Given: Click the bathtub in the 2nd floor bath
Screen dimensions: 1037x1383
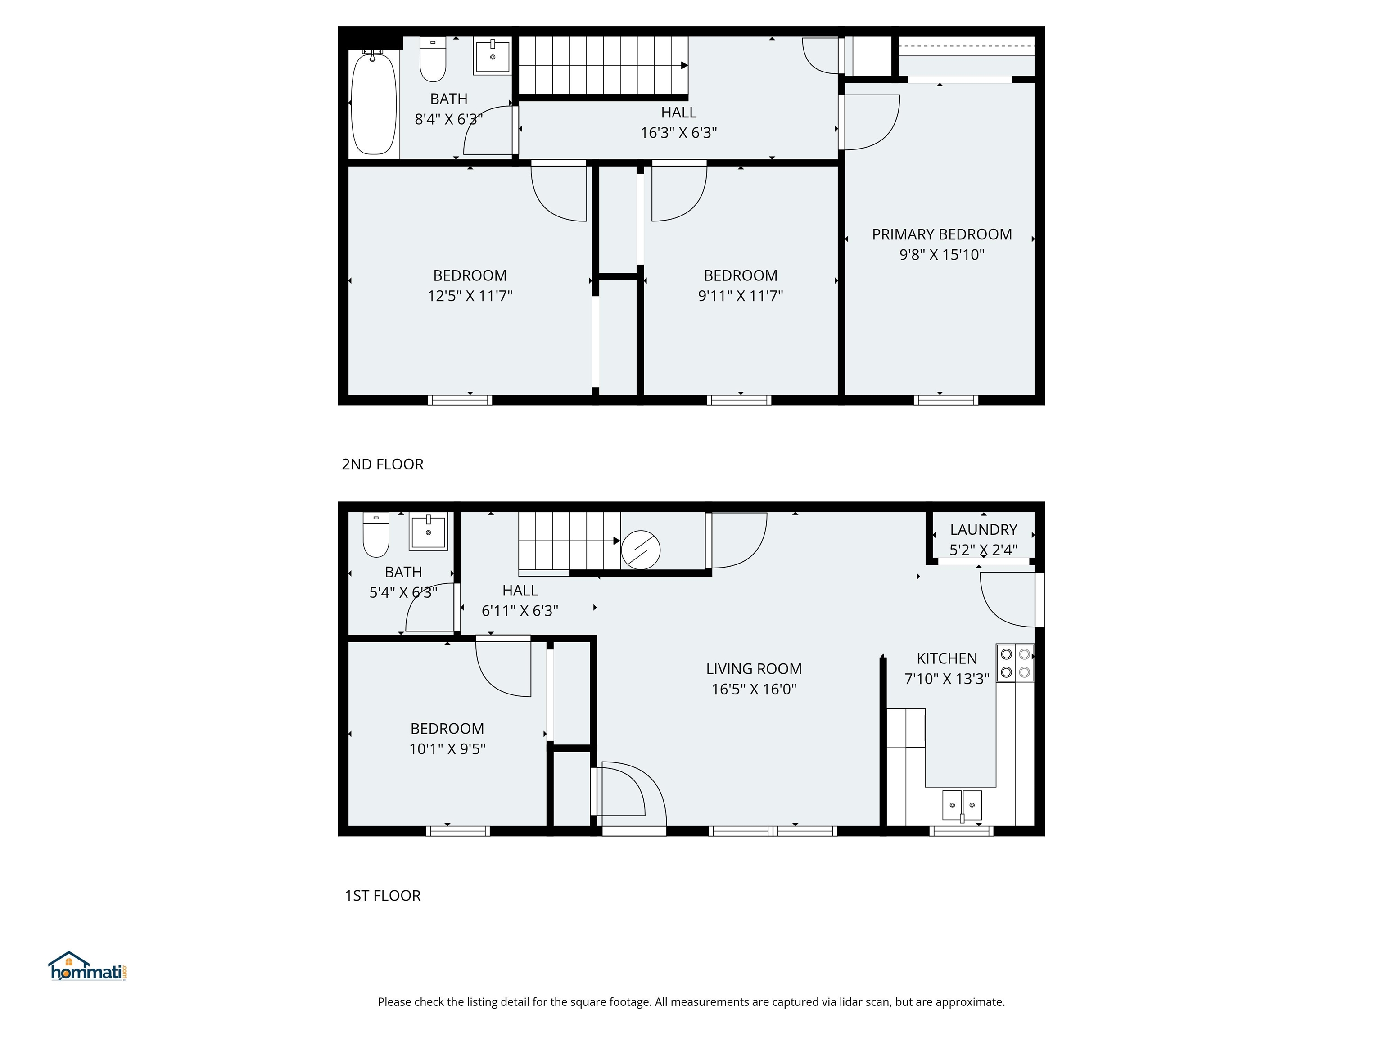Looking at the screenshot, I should (374, 103).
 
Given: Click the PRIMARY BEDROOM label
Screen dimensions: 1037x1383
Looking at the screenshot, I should (942, 234).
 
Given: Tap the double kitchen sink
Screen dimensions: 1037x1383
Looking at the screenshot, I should (962, 805).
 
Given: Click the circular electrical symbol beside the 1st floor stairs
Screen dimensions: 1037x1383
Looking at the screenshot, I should (640, 550).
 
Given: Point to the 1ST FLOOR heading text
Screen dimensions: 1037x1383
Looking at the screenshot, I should (383, 896).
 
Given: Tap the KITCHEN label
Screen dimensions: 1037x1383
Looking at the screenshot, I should (947, 658).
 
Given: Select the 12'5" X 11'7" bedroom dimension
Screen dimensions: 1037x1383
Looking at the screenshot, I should (470, 296).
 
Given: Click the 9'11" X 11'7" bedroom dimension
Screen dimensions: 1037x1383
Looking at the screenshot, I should (740, 296).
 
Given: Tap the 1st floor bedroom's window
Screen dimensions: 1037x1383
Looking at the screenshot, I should (458, 831).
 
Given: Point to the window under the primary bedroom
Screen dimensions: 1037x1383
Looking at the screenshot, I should (945, 400).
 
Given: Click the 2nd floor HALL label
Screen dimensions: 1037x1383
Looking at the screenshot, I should (678, 113).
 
